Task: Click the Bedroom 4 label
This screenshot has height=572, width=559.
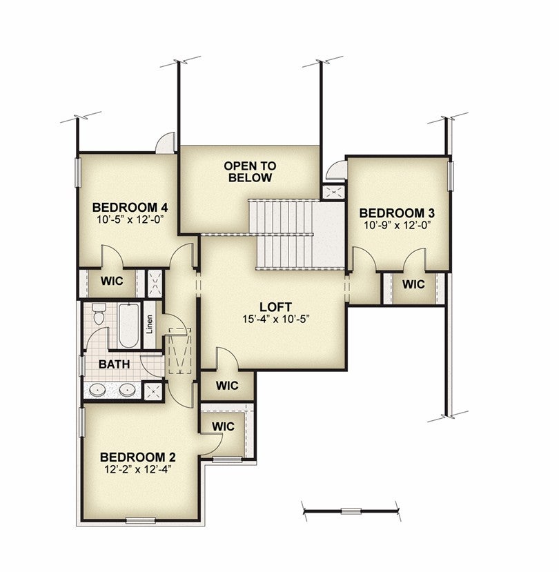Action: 130,208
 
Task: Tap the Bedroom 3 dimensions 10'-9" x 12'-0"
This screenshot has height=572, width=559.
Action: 395,225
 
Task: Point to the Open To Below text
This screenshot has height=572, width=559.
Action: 250,172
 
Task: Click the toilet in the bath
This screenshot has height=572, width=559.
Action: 99,313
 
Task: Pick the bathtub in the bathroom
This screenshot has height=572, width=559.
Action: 129,325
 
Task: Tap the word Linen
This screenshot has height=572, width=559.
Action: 150,324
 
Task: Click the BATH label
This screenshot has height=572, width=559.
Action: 114,364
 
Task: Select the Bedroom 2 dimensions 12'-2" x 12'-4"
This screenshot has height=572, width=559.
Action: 138,469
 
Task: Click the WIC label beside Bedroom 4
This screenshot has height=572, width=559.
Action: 112,282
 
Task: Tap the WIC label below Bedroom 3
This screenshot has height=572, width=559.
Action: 413,284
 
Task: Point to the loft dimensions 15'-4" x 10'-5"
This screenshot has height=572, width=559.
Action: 276,319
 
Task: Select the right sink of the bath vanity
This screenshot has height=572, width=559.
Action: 126,390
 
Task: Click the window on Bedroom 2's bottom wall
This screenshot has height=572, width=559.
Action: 141,520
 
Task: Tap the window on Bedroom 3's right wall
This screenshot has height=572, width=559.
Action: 450,176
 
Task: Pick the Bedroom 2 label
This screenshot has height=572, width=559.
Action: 138,457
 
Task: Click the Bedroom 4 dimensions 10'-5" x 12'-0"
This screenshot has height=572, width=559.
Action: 130,219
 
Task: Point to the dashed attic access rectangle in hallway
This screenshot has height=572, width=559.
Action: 179,351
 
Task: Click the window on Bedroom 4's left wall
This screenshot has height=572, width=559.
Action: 77,172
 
